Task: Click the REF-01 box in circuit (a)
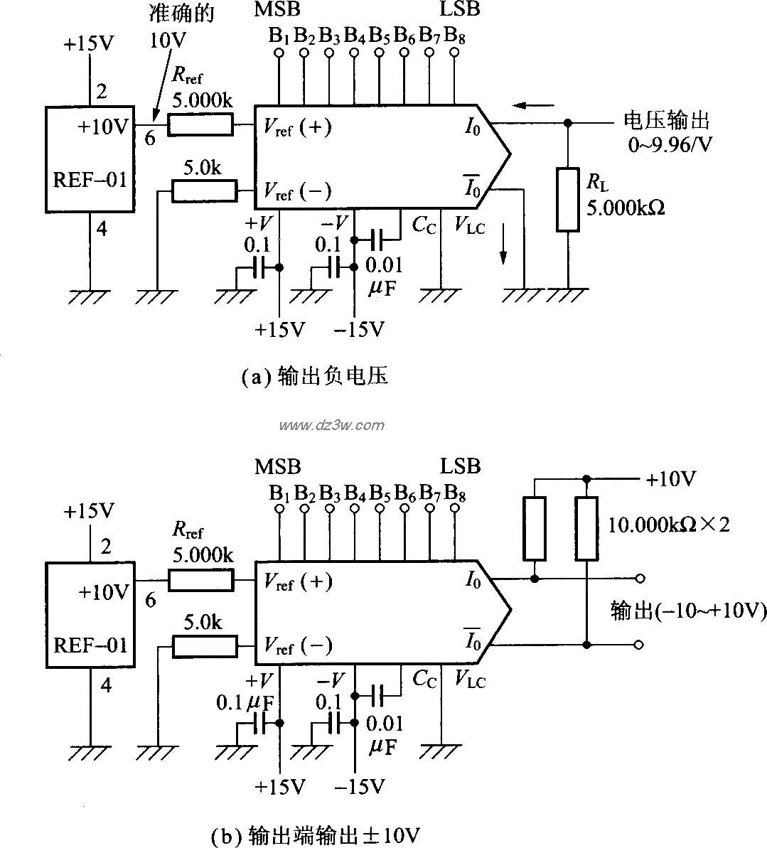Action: point(90,159)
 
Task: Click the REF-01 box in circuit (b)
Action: point(90,615)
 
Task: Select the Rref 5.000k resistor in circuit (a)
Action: point(200,125)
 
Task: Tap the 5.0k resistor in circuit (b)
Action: point(205,646)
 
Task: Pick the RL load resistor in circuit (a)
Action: point(567,200)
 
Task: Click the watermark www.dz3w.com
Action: point(331,426)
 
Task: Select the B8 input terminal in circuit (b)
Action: point(455,508)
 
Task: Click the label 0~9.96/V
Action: point(670,145)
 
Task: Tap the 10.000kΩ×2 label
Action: point(669,525)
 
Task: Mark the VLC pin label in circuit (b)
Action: point(470,680)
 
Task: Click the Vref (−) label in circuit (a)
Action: point(297,190)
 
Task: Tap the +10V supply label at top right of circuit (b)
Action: point(670,479)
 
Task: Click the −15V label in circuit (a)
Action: point(358,330)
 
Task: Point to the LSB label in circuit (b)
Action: point(460,466)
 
